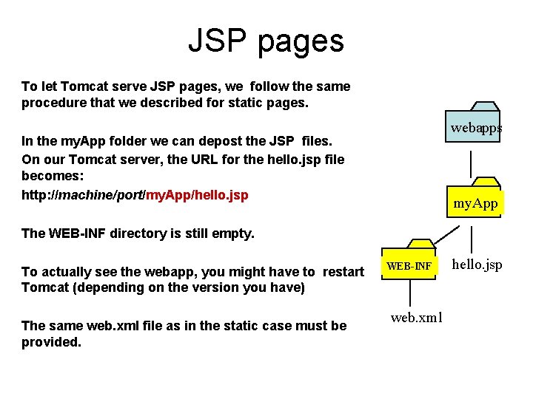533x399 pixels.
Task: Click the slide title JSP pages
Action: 266,41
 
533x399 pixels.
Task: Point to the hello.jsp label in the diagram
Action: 477,264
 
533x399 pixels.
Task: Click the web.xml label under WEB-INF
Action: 417,318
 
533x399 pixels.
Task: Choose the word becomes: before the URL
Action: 53,177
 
